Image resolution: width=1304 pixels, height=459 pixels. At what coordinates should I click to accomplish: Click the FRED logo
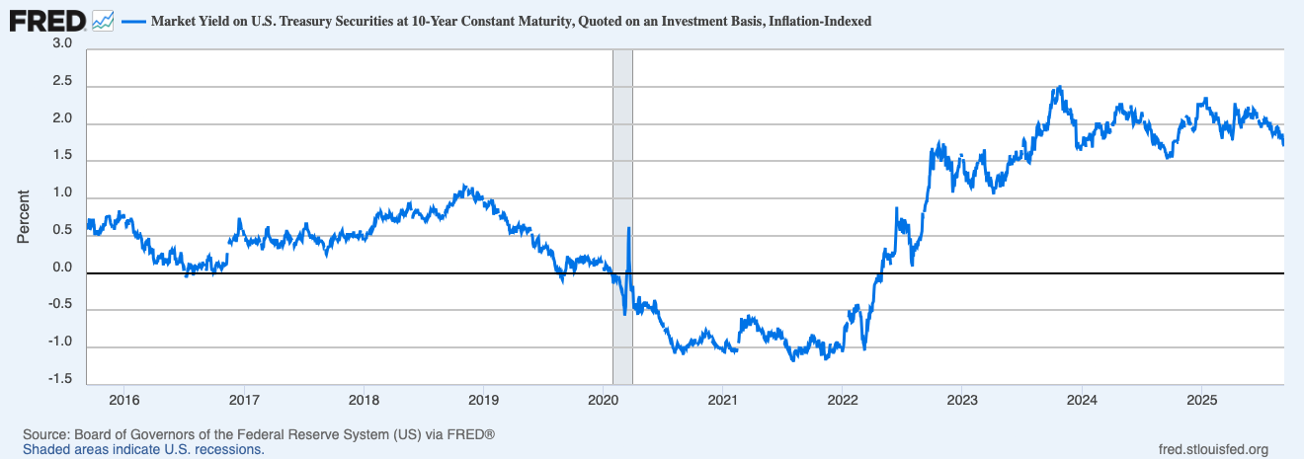[x=45, y=19]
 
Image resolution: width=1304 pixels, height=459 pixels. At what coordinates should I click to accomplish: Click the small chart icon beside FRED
[x=103, y=20]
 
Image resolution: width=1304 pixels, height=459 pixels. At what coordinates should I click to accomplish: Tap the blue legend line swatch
[x=132, y=21]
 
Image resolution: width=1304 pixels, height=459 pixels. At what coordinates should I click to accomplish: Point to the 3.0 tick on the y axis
[x=62, y=44]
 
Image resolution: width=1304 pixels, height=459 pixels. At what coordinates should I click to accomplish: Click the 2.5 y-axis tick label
[x=62, y=82]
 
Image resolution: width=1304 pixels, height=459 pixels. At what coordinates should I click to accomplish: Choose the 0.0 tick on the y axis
[x=62, y=268]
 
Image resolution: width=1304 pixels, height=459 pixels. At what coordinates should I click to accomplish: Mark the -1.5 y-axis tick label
[x=60, y=379]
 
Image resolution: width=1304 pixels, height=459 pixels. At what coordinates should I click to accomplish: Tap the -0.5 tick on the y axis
[x=60, y=305]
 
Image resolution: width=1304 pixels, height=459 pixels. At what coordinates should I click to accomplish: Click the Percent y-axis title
[x=25, y=215]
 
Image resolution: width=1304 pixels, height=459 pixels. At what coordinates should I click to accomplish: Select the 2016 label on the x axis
[x=123, y=400]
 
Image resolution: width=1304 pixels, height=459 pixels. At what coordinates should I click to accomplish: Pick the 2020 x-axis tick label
[x=603, y=400]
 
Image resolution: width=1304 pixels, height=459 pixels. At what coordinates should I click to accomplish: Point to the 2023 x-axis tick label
[x=962, y=400]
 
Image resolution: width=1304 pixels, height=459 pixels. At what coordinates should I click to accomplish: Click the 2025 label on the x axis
[x=1201, y=400]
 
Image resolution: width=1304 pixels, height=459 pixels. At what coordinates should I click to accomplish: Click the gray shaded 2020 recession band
[x=622, y=148]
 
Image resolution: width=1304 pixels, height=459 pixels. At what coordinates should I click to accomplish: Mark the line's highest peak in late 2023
[x=1059, y=87]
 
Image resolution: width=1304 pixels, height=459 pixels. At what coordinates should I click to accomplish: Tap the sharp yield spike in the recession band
[x=629, y=229]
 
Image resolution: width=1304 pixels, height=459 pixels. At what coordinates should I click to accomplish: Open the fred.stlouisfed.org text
[x=1212, y=449]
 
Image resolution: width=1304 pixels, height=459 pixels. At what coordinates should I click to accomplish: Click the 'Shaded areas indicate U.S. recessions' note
[x=143, y=449]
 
